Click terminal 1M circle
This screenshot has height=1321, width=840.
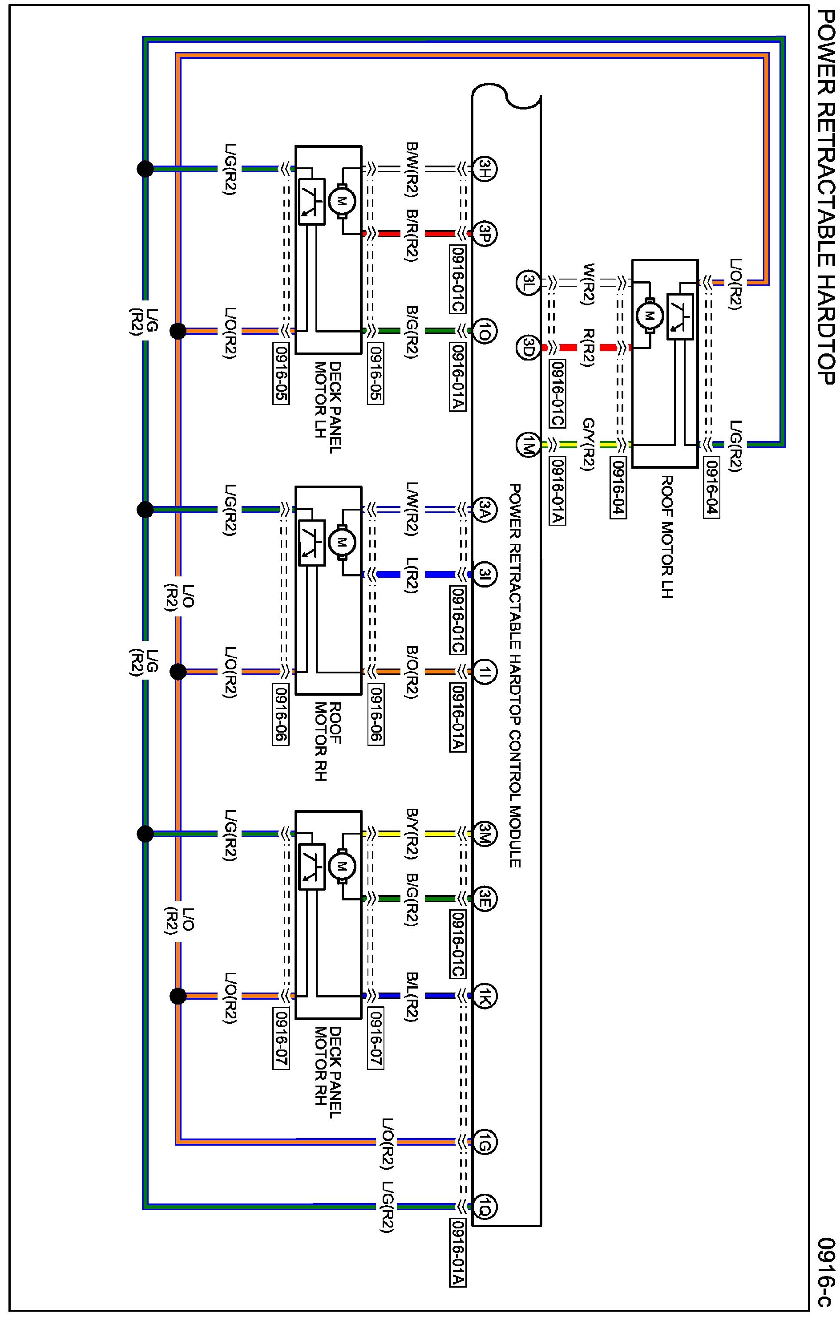[x=528, y=444]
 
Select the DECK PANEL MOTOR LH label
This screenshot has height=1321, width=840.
[x=328, y=407]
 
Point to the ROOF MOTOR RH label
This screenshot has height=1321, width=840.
[x=328, y=742]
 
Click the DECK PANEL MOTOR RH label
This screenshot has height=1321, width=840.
[x=328, y=1074]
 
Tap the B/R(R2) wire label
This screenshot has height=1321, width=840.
[x=412, y=234]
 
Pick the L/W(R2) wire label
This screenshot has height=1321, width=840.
[x=412, y=509]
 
